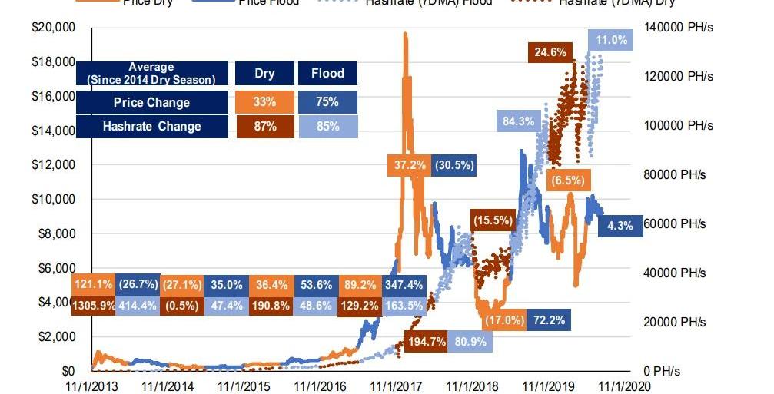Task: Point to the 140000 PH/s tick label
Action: click(x=680, y=28)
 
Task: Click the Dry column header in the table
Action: click(x=264, y=74)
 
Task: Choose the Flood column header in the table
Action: click(x=327, y=74)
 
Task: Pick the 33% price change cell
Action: click(x=264, y=102)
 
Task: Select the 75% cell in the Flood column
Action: click(x=327, y=102)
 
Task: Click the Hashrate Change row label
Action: click(x=151, y=127)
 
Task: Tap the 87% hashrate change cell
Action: click(x=264, y=127)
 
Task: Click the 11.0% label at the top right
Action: click(x=611, y=40)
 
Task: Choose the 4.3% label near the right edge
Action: click(x=620, y=226)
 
